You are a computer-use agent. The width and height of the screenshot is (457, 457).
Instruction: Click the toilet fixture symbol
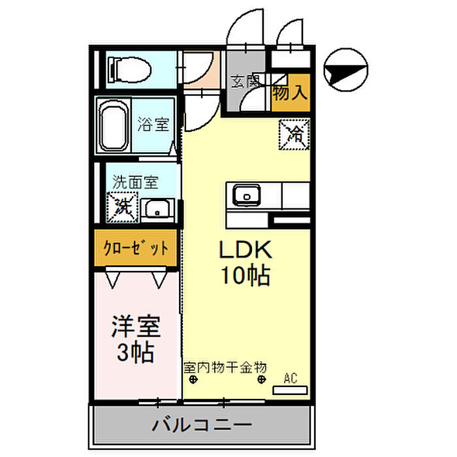click(x=130, y=70)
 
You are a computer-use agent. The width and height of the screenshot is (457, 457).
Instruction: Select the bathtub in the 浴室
click(x=114, y=126)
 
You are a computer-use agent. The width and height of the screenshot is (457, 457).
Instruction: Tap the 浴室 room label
click(x=153, y=124)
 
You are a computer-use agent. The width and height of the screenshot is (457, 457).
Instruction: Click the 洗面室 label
click(x=136, y=182)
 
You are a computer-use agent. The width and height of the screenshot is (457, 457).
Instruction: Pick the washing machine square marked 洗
click(x=123, y=207)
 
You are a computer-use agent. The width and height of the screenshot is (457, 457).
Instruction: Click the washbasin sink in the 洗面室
click(x=157, y=209)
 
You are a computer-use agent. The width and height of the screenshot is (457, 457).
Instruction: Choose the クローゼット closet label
click(x=136, y=248)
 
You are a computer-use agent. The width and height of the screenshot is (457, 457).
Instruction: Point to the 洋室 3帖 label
click(x=136, y=339)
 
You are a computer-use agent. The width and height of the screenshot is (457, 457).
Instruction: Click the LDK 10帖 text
click(x=245, y=262)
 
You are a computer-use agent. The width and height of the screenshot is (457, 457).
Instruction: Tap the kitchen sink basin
click(x=247, y=195)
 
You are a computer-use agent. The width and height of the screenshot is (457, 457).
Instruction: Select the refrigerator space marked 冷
click(x=294, y=134)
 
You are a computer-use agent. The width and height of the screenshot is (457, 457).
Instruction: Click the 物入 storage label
click(x=290, y=93)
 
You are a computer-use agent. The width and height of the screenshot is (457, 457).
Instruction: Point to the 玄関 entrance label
click(x=245, y=82)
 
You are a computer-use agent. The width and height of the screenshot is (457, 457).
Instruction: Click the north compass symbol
click(x=346, y=70)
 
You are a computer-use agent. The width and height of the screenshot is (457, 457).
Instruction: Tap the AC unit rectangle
click(x=290, y=390)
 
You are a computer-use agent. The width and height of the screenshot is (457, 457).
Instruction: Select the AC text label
click(x=291, y=378)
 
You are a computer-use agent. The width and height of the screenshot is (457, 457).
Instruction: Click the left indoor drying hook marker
click(x=193, y=379)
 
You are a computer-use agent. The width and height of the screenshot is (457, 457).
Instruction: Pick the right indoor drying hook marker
click(x=262, y=379)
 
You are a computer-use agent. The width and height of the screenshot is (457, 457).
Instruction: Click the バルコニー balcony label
click(x=202, y=425)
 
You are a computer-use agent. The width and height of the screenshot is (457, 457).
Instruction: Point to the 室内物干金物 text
click(x=225, y=367)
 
